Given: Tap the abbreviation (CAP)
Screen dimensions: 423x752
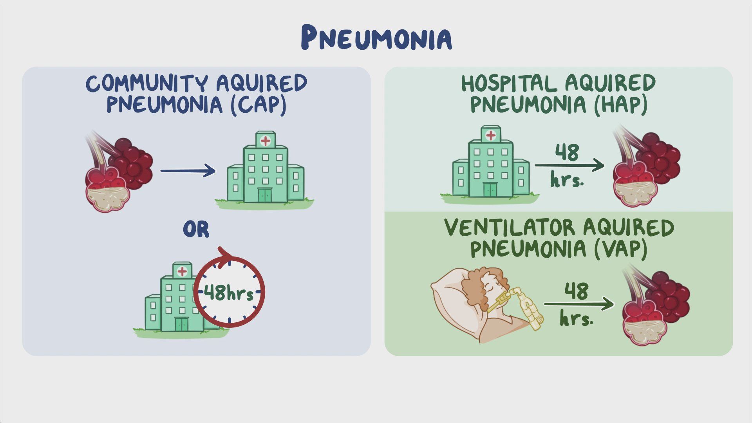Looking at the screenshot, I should pos(258,105).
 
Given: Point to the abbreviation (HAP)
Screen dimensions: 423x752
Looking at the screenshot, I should pos(620,105).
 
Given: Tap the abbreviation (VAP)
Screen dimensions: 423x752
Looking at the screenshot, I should pos(620,249).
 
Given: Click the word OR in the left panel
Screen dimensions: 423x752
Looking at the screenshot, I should pos(196,230).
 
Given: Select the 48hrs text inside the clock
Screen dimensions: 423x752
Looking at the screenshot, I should pos(229,293).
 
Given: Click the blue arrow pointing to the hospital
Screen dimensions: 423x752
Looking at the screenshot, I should pos(188,170).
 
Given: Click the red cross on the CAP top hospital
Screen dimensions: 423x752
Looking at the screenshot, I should pos(265,140).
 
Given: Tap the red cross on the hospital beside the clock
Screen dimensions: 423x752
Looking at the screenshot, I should pos(182,271).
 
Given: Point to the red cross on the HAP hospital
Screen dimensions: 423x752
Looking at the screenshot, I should pos(490,135).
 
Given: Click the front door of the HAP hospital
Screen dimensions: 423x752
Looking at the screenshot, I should pos(490,190).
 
